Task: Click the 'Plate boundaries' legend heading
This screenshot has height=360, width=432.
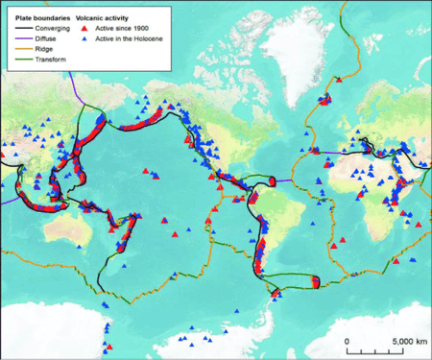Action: [38, 17]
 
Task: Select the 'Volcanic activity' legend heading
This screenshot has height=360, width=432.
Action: [107, 17]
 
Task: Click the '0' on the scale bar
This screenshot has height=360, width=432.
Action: [347, 341]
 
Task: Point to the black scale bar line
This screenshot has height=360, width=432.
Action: [380, 349]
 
